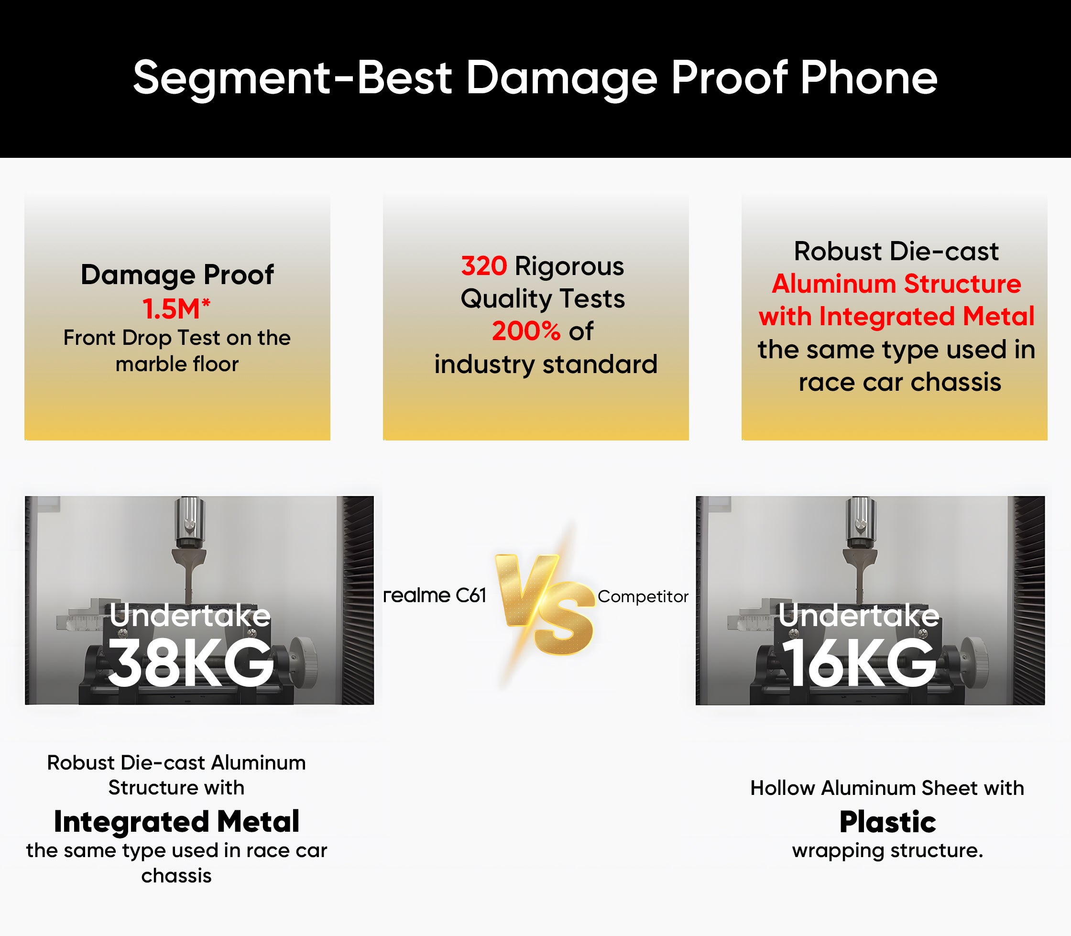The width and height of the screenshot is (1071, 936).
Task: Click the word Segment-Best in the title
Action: pyautogui.click(x=293, y=78)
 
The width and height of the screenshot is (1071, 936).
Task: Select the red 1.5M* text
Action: pyautogui.click(x=176, y=308)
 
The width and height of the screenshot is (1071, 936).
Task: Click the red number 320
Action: pyautogui.click(x=483, y=266)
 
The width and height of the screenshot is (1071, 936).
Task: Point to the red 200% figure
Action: pyautogui.click(x=526, y=331)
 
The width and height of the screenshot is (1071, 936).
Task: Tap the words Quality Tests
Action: pyautogui.click(x=543, y=299)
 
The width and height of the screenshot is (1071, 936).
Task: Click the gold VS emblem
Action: pyautogui.click(x=544, y=605)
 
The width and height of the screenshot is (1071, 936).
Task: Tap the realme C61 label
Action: pyautogui.click(x=435, y=595)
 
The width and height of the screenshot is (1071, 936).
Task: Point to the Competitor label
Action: pyautogui.click(x=643, y=596)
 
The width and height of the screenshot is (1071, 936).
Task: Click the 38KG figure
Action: pyautogui.click(x=191, y=663)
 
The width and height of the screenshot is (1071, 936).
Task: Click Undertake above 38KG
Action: pyautogui.click(x=190, y=615)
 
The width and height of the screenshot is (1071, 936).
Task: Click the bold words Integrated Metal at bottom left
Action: pyautogui.click(x=176, y=822)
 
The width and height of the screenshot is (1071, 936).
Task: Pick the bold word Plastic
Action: pyautogui.click(x=887, y=822)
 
